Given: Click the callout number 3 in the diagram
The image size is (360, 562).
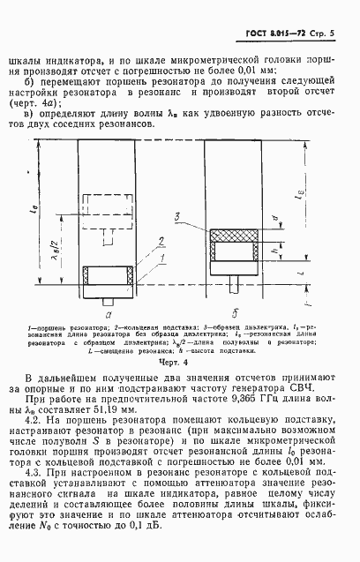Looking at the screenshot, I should (177, 214).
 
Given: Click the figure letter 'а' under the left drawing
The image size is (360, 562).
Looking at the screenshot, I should (107, 311).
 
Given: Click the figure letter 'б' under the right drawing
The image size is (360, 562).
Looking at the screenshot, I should (233, 311).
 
